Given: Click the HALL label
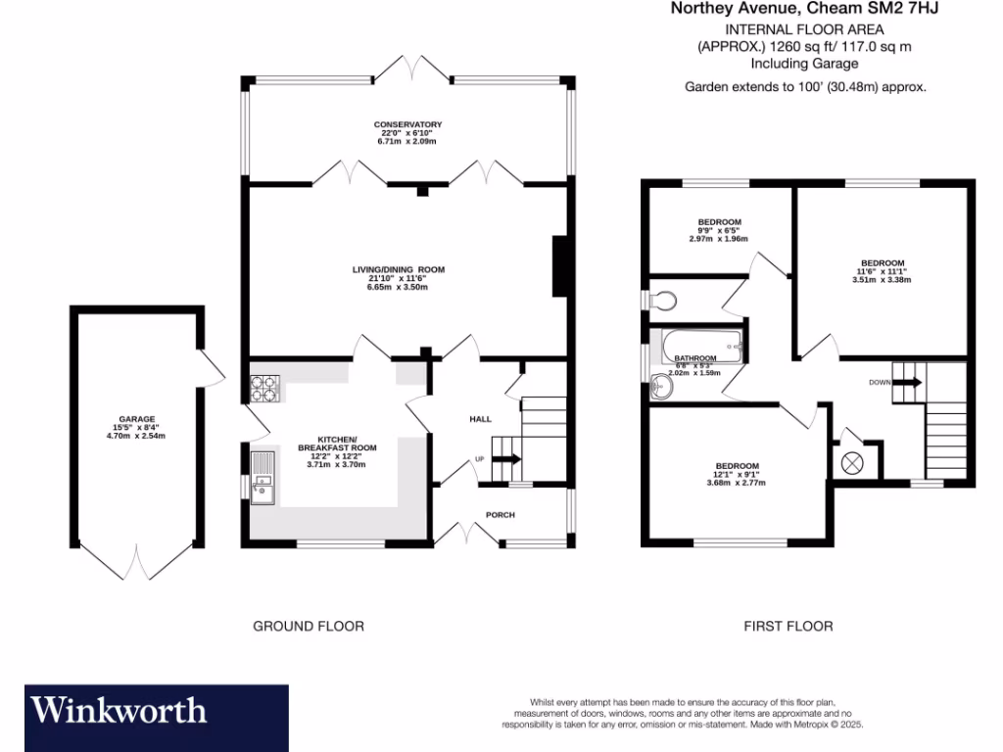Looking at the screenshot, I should [480, 419].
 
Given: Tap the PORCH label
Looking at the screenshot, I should [500, 514].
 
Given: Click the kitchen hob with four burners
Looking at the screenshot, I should [264, 388].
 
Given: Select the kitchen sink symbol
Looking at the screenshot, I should [263, 478].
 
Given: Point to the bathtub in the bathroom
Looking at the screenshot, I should [700, 345].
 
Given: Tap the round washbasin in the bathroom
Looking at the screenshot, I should [664, 390].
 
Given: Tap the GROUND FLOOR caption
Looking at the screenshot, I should [309, 626].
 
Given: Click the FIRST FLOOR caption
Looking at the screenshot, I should [788, 626].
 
